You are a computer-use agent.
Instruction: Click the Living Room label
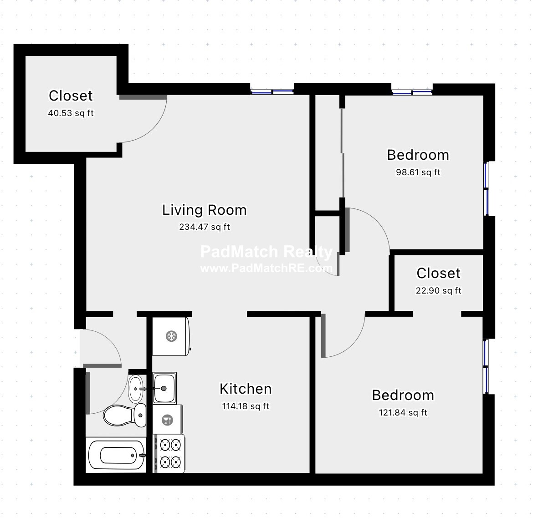[204, 210]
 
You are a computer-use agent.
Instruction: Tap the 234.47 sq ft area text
[204, 227]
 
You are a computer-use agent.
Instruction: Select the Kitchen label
[246, 389]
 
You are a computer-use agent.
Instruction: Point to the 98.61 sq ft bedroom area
[418, 172]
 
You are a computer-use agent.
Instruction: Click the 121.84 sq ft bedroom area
[403, 413]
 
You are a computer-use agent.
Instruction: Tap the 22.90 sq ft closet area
[439, 291]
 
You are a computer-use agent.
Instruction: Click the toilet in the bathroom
[125, 415]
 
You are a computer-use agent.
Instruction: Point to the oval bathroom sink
[136, 389]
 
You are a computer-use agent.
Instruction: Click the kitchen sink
[164, 388]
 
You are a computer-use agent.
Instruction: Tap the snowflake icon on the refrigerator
[171, 336]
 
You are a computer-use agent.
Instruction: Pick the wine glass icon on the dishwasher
[167, 420]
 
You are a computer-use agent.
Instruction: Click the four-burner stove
[169, 453]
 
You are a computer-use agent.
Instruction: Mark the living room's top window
[272, 91]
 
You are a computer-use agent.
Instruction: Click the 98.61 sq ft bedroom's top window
[412, 91]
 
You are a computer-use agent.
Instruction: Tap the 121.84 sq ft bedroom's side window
[486, 366]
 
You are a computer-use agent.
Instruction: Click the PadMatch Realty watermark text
[266, 252]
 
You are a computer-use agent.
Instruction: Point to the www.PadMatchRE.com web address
[266, 269]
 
